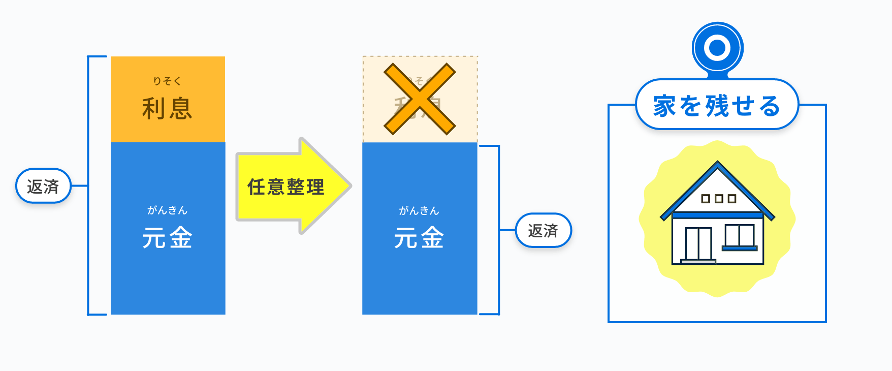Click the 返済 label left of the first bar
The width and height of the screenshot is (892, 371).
pyautogui.click(x=43, y=186)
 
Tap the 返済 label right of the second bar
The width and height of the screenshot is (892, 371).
pyautogui.click(x=543, y=231)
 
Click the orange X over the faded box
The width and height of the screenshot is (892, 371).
pyautogui.click(x=420, y=99)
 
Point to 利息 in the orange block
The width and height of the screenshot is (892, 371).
pyautogui.click(x=167, y=108)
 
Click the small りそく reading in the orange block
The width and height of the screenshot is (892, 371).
pyautogui.click(x=167, y=81)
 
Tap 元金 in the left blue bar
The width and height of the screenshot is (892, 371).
pyautogui.click(x=167, y=238)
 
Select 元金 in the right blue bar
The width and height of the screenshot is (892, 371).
pyautogui.click(x=419, y=238)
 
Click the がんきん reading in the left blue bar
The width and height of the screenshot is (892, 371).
pyautogui.click(x=167, y=210)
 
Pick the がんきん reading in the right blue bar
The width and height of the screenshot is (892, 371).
pyautogui.click(x=419, y=210)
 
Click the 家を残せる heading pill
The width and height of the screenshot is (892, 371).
pyautogui.click(x=717, y=106)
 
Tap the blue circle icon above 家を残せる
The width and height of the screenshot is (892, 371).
pyautogui.click(x=717, y=48)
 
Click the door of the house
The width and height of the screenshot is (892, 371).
pyautogui.click(x=698, y=243)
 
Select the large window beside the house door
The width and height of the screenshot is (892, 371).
pyautogui.click(x=739, y=235)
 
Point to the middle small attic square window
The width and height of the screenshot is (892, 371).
pyautogui.click(x=718, y=199)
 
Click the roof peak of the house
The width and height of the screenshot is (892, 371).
pyautogui.click(x=717, y=164)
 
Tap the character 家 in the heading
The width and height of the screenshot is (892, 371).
pyautogui.click(x=664, y=106)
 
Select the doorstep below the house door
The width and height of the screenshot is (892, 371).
pyautogui.click(x=698, y=262)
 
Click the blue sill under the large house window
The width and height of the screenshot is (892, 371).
pyautogui.click(x=740, y=249)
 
